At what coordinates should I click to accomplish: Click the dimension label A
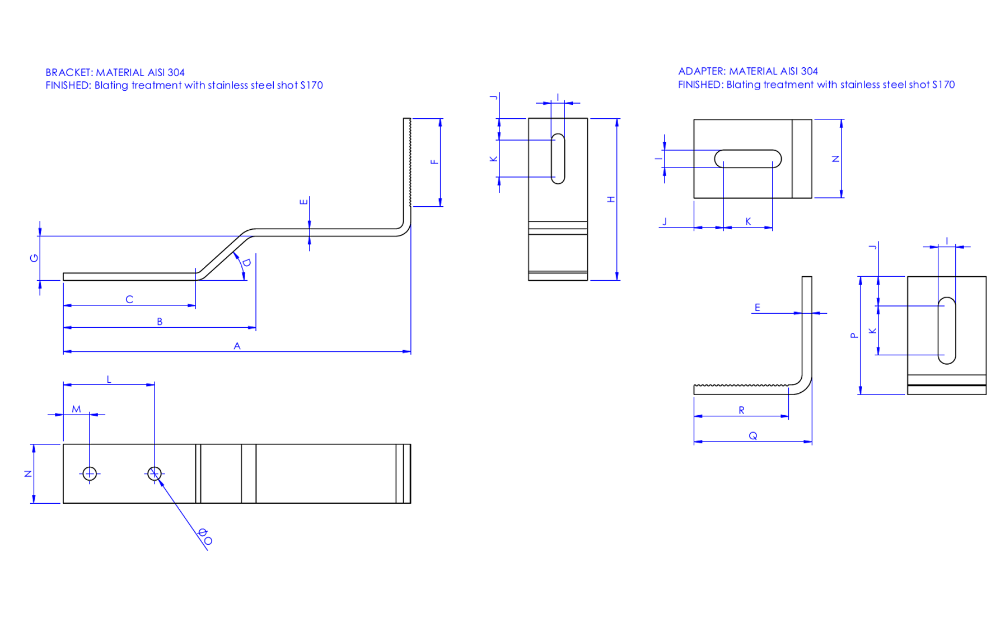(x=237, y=346)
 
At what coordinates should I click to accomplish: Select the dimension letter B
(x=160, y=322)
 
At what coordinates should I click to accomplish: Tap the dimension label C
(x=129, y=299)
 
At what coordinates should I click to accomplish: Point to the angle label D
(x=246, y=262)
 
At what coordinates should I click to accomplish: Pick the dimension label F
(x=434, y=162)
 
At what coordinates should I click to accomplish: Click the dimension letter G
(x=34, y=258)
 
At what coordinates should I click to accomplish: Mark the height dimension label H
(x=611, y=199)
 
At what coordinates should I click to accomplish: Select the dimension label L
(x=109, y=379)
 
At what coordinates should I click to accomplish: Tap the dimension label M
(x=76, y=409)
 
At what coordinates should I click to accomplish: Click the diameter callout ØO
(x=205, y=536)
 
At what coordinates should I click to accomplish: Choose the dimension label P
(x=854, y=336)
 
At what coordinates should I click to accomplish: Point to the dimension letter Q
(x=752, y=435)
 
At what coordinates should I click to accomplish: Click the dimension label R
(x=741, y=410)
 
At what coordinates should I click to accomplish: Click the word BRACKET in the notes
(x=68, y=72)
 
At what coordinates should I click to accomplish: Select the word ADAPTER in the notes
(x=702, y=71)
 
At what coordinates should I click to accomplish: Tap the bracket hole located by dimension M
(x=90, y=474)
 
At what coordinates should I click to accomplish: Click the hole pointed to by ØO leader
(x=155, y=474)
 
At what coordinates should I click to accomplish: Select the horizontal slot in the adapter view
(x=748, y=159)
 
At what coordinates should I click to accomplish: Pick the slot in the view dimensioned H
(x=558, y=159)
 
